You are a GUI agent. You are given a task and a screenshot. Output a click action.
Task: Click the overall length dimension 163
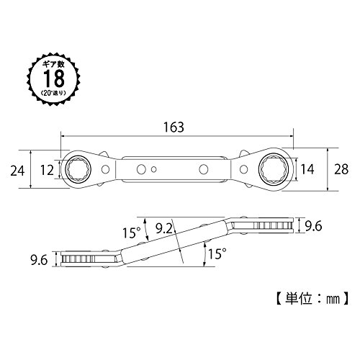pos(174,127)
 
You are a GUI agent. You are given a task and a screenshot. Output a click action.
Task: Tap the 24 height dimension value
pos(17,171)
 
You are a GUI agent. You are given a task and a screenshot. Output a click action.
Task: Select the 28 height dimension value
pos(341,169)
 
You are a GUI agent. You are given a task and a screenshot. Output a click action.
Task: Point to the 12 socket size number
pos(47,171)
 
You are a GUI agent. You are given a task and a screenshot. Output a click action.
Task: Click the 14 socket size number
pos(307,169)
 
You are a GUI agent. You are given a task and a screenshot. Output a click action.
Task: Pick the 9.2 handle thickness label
pos(164,228)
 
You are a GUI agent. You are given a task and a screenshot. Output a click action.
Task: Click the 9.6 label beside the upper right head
pos(313,226)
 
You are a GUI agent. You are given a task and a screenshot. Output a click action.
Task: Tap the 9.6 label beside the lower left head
pos(39,260)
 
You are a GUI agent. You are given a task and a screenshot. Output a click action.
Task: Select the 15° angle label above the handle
pos(131,233)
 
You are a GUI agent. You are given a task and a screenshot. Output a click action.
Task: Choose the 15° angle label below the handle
pos(217,254)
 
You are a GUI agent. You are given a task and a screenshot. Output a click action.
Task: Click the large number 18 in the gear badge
pos(54,78)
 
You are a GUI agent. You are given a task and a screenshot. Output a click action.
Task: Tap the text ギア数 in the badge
pos(53,64)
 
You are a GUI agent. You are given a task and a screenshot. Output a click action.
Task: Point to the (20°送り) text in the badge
pos(53,93)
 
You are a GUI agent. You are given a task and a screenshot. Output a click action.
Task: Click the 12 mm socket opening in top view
pos(78,169)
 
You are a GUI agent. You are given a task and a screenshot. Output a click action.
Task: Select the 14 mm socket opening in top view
pos(274,169)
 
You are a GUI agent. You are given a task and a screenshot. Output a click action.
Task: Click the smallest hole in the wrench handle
pos(154,169)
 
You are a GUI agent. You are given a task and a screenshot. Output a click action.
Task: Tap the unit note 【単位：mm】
pos(311,299)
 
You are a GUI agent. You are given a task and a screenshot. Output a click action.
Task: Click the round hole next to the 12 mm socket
pos(105,169)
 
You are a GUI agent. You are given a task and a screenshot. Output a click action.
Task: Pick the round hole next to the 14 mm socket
pos(243,169)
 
